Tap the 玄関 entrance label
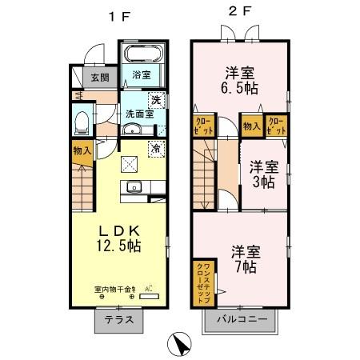tap(100, 78)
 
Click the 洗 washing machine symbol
tap(158, 102)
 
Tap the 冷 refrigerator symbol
tap(157, 148)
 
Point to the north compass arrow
tap(182, 344)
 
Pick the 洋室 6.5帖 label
tap(239, 78)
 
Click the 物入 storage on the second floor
tap(250, 125)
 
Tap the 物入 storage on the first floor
tap(82, 151)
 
